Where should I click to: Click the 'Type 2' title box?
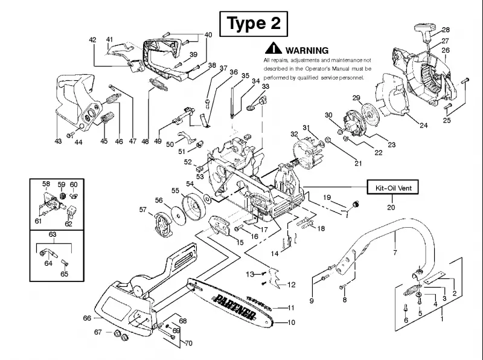click(x=254, y=24)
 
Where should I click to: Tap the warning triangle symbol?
click(x=273, y=48)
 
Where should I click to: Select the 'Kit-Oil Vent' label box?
click(x=393, y=187)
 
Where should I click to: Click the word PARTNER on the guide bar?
click(x=235, y=307)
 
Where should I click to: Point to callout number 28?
click(x=446, y=30)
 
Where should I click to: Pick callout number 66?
click(x=87, y=318)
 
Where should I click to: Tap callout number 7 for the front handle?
click(x=395, y=252)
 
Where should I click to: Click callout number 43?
click(x=58, y=141)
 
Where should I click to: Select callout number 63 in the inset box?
click(x=53, y=234)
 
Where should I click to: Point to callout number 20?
click(x=391, y=207)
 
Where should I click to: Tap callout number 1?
click(x=442, y=319)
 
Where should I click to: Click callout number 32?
click(x=294, y=134)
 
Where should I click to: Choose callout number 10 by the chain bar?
click(x=291, y=323)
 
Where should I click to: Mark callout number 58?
click(x=46, y=184)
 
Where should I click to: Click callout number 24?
click(x=424, y=125)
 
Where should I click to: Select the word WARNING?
click(x=307, y=50)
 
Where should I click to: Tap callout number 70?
click(x=188, y=343)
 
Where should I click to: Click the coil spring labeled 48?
click(x=159, y=85)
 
